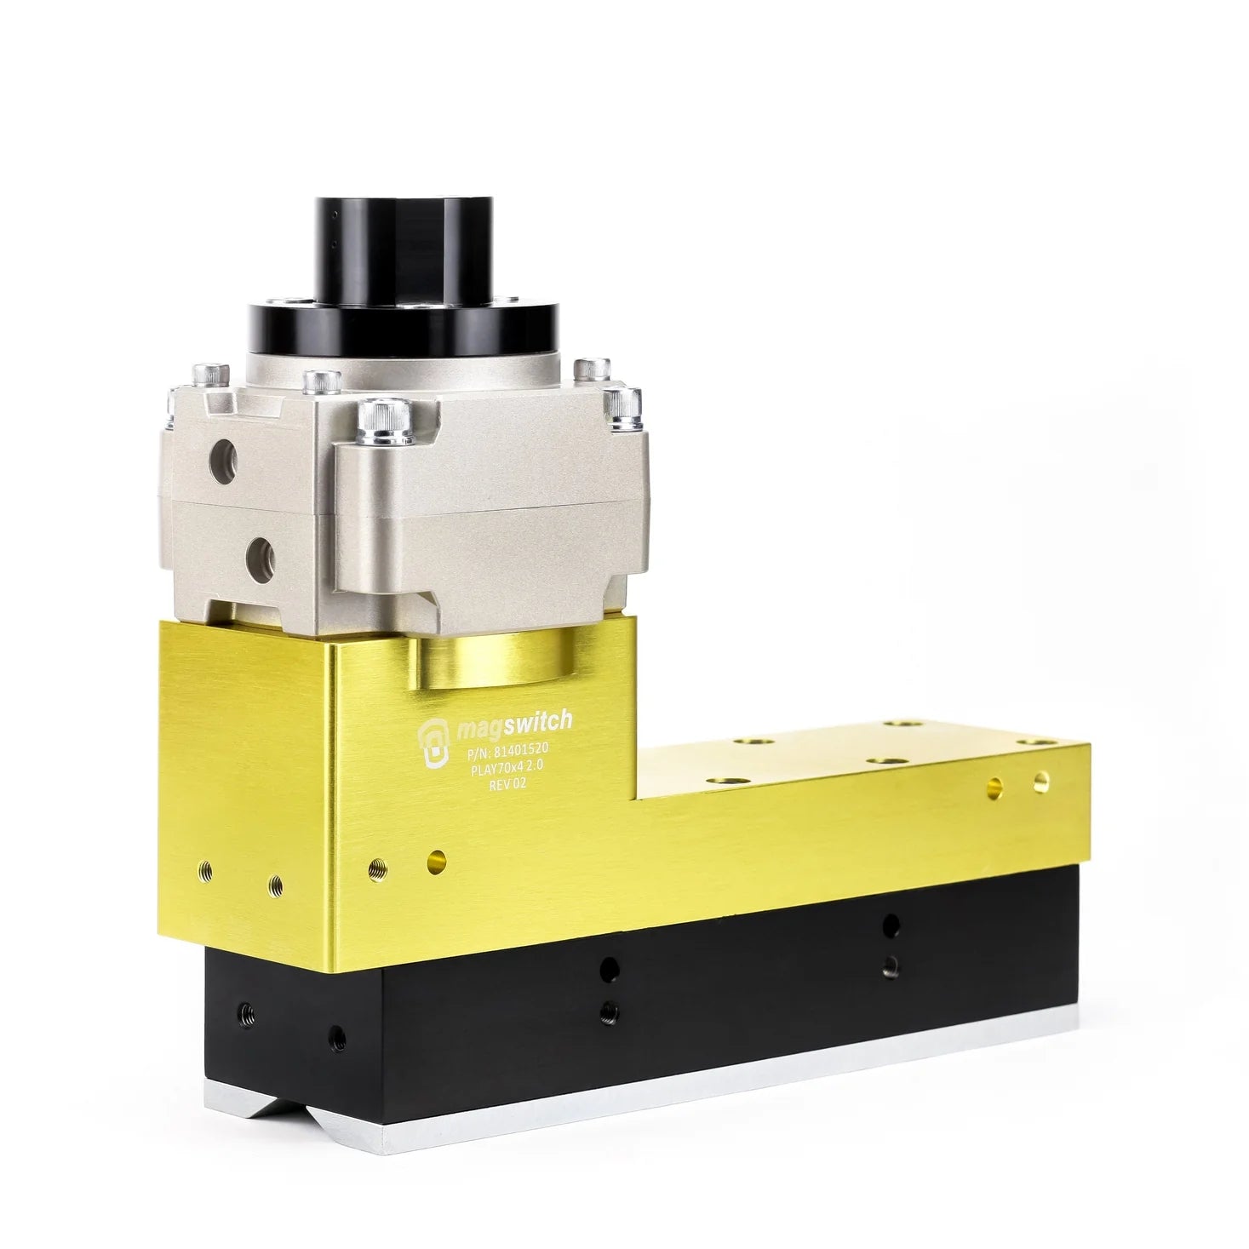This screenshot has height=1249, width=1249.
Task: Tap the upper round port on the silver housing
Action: click(223, 461)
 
